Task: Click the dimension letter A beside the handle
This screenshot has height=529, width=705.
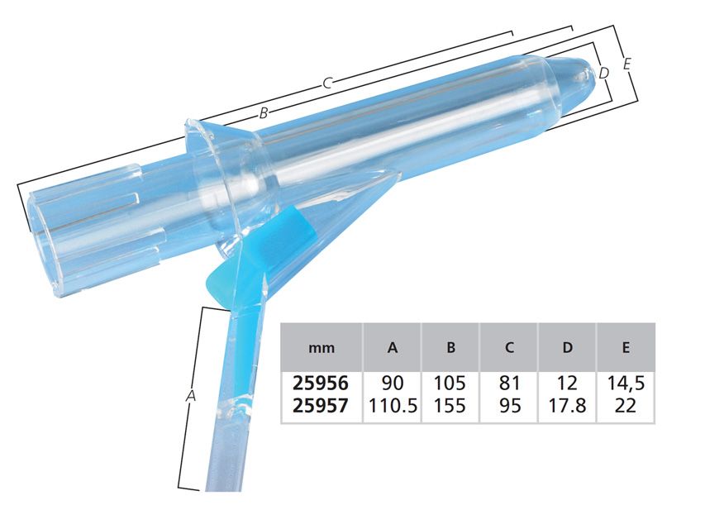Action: pos(191,396)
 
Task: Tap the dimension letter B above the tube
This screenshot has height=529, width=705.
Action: pos(264,113)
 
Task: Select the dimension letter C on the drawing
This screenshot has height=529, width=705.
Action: pos(328,83)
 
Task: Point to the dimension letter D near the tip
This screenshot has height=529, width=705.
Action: pos(604,73)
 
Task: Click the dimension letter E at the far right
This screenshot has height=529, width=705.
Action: pos(626,64)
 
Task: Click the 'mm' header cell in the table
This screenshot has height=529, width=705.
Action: pos(322,348)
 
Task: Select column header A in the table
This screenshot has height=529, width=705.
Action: pos(393,347)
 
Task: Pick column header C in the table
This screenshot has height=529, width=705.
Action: pos(509,347)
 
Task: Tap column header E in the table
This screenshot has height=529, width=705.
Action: pos(626,347)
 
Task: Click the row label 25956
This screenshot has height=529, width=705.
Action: pos(321,383)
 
